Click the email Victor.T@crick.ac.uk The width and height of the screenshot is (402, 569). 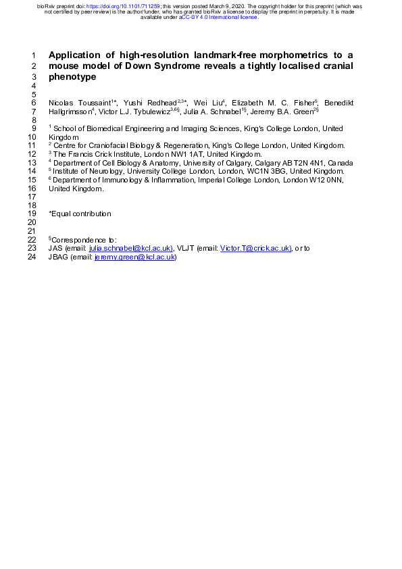point(255,248)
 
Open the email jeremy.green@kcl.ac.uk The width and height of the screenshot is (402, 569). point(135,257)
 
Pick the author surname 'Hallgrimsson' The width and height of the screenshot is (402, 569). point(70,111)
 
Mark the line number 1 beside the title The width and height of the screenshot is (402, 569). point(34,55)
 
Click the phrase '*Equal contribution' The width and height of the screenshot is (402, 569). point(80,214)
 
